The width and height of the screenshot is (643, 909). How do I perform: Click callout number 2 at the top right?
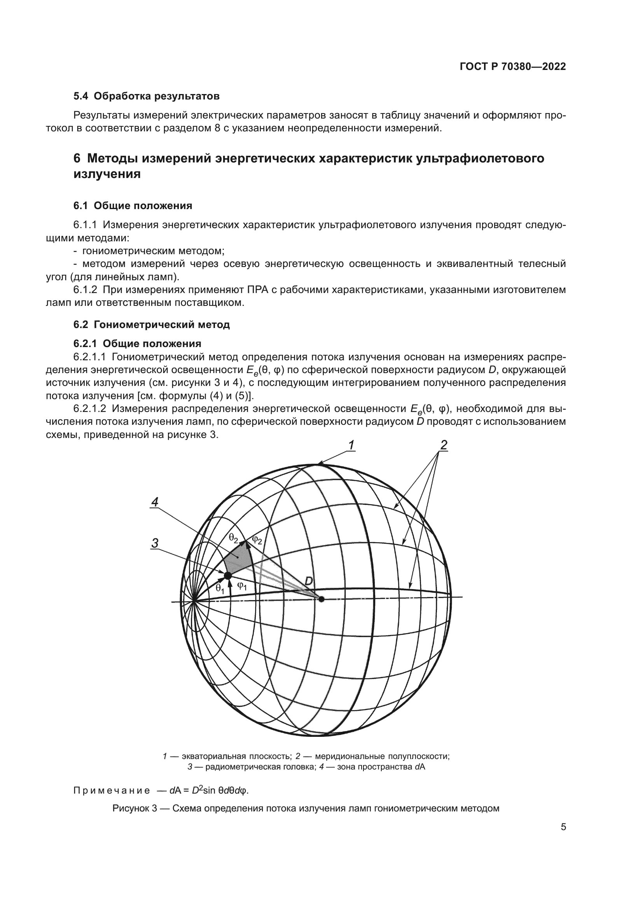tap(444, 445)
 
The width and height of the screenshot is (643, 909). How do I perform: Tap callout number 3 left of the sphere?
tap(155, 543)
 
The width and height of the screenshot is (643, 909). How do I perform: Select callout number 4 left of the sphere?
tap(155, 502)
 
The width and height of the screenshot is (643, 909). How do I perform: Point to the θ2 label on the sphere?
tap(233, 537)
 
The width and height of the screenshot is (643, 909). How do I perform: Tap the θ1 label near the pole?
tap(220, 589)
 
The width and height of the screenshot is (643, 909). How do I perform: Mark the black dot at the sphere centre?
tap(321, 599)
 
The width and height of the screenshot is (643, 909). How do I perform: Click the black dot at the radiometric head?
tap(228, 575)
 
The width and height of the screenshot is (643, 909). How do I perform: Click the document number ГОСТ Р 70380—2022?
tap(513, 67)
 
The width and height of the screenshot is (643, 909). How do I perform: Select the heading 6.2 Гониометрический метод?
tap(151, 325)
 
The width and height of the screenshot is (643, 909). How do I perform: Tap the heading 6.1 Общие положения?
tap(133, 206)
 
